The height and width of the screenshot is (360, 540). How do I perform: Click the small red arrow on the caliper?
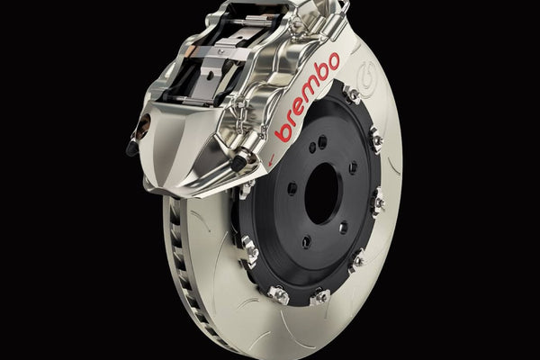click(271, 159)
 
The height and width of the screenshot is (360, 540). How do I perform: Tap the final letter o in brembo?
click(333, 62)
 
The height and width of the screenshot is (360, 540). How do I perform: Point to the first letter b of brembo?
click(284, 132)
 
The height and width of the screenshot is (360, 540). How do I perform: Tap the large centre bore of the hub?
click(324, 193)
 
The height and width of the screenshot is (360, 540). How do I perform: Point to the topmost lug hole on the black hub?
click(322, 141)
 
